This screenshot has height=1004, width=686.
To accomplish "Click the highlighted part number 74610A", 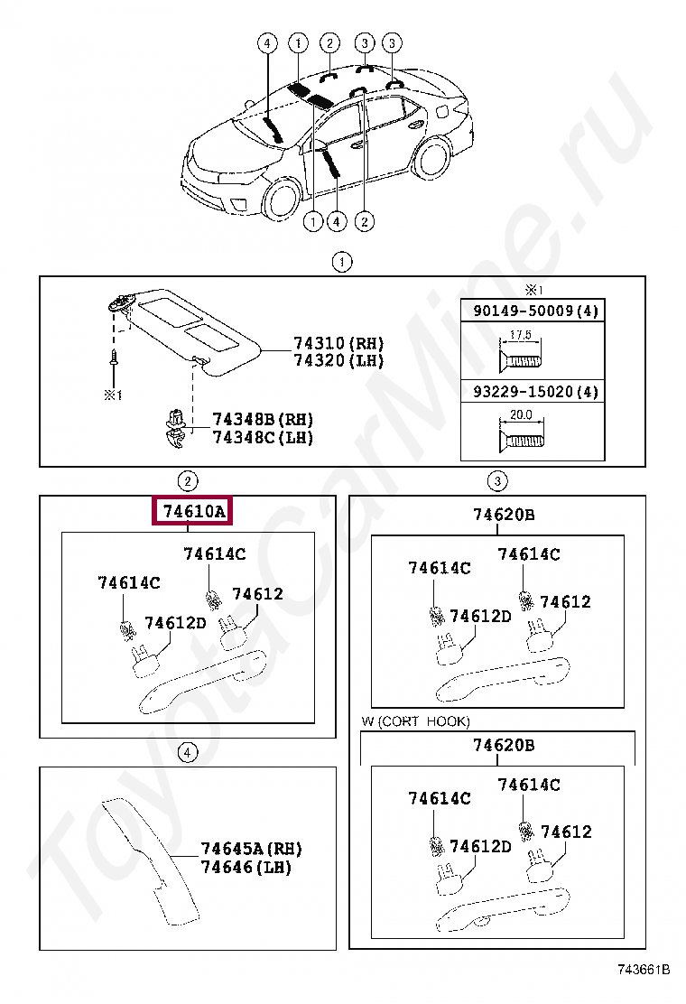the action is pos(193,513).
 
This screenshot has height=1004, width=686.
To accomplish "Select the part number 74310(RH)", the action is pos(338,343).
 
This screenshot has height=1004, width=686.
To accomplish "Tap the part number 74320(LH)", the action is pos(338,360).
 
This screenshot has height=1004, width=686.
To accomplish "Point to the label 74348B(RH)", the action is pos(263,420).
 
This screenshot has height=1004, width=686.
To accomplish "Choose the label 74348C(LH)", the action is pos(263,438).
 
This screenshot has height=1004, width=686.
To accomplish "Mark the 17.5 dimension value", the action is pos(520,335).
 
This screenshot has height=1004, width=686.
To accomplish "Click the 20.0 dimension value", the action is pos(521,415).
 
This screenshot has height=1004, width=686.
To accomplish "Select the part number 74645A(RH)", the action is pos(251,849).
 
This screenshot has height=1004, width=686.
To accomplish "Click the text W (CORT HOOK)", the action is pos(415,721).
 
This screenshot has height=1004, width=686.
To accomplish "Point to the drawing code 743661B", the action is pos(644,970).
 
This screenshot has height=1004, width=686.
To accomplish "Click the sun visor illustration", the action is pos(194,330).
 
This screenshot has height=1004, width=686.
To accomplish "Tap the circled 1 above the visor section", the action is pos(341,263).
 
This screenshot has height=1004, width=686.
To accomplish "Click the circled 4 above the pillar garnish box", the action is pos(186,752).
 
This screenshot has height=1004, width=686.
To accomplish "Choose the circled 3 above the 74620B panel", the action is pos(497,480).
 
